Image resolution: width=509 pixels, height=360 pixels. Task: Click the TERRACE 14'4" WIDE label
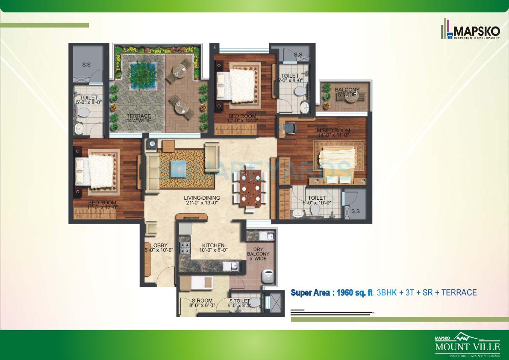138,118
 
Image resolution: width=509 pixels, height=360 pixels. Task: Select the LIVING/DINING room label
202,201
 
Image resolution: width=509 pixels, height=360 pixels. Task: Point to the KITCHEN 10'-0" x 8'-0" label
213,248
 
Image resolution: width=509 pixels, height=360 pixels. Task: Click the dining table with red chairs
250,188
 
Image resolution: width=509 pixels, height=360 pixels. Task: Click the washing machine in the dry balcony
268,276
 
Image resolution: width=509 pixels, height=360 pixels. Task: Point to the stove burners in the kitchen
185,248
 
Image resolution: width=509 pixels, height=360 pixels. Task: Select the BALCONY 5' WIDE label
347,92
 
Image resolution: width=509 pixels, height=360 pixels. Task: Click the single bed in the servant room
197,282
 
